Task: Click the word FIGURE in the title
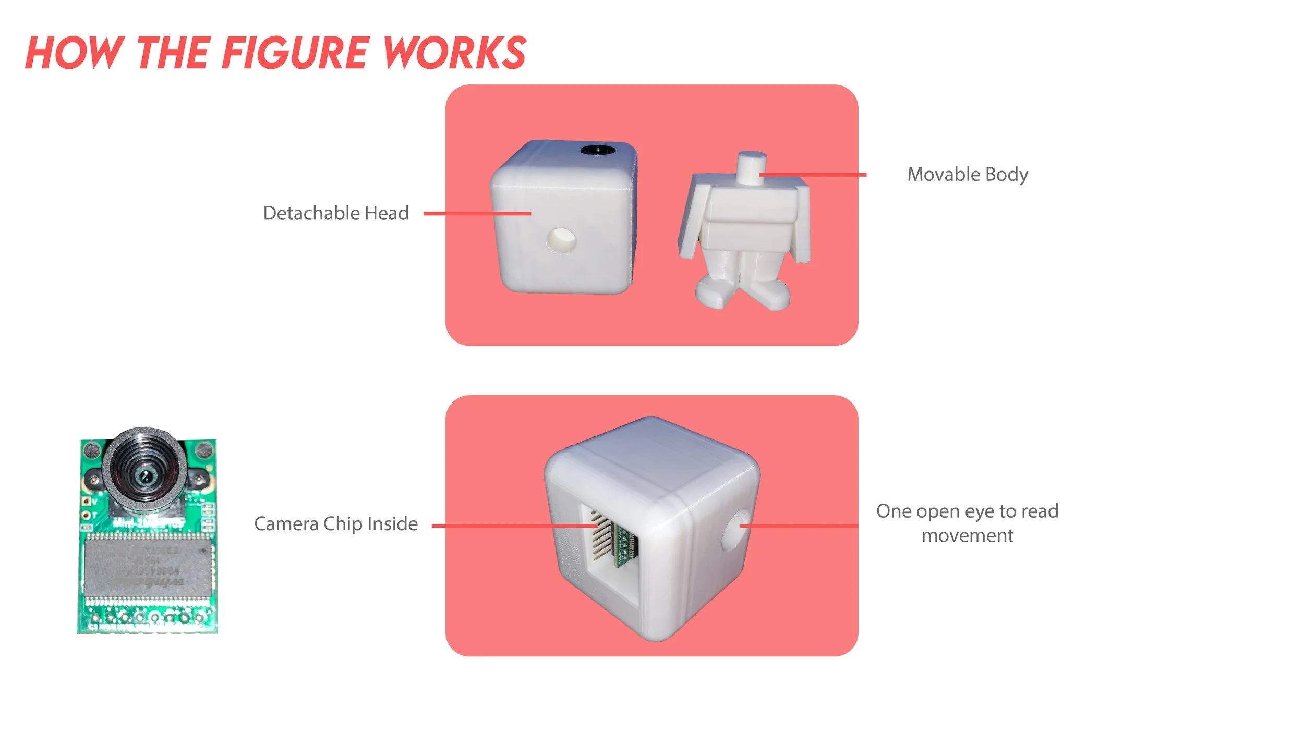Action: click(x=295, y=53)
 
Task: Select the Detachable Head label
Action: click(x=335, y=213)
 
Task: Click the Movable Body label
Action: click(x=968, y=174)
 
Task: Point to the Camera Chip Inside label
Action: click(x=335, y=524)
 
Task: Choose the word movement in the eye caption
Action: click(x=968, y=536)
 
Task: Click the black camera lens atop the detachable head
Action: click(x=598, y=150)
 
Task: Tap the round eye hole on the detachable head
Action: click(x=561, y=240)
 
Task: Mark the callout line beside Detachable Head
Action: click(x=477, y=213)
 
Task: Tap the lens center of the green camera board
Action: click(x=146, y=475)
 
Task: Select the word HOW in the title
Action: click(x=73, y=53)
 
